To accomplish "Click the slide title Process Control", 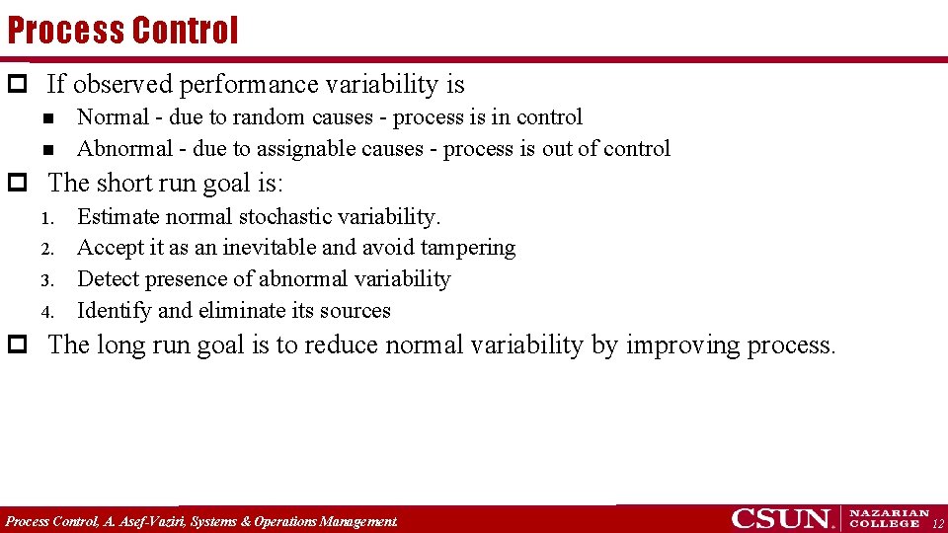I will (122, 30).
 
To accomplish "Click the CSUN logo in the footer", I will (782, 518).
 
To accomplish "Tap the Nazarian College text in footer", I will (889, 518).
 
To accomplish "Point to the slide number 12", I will (938, 523).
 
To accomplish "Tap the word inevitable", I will (267, 248).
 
